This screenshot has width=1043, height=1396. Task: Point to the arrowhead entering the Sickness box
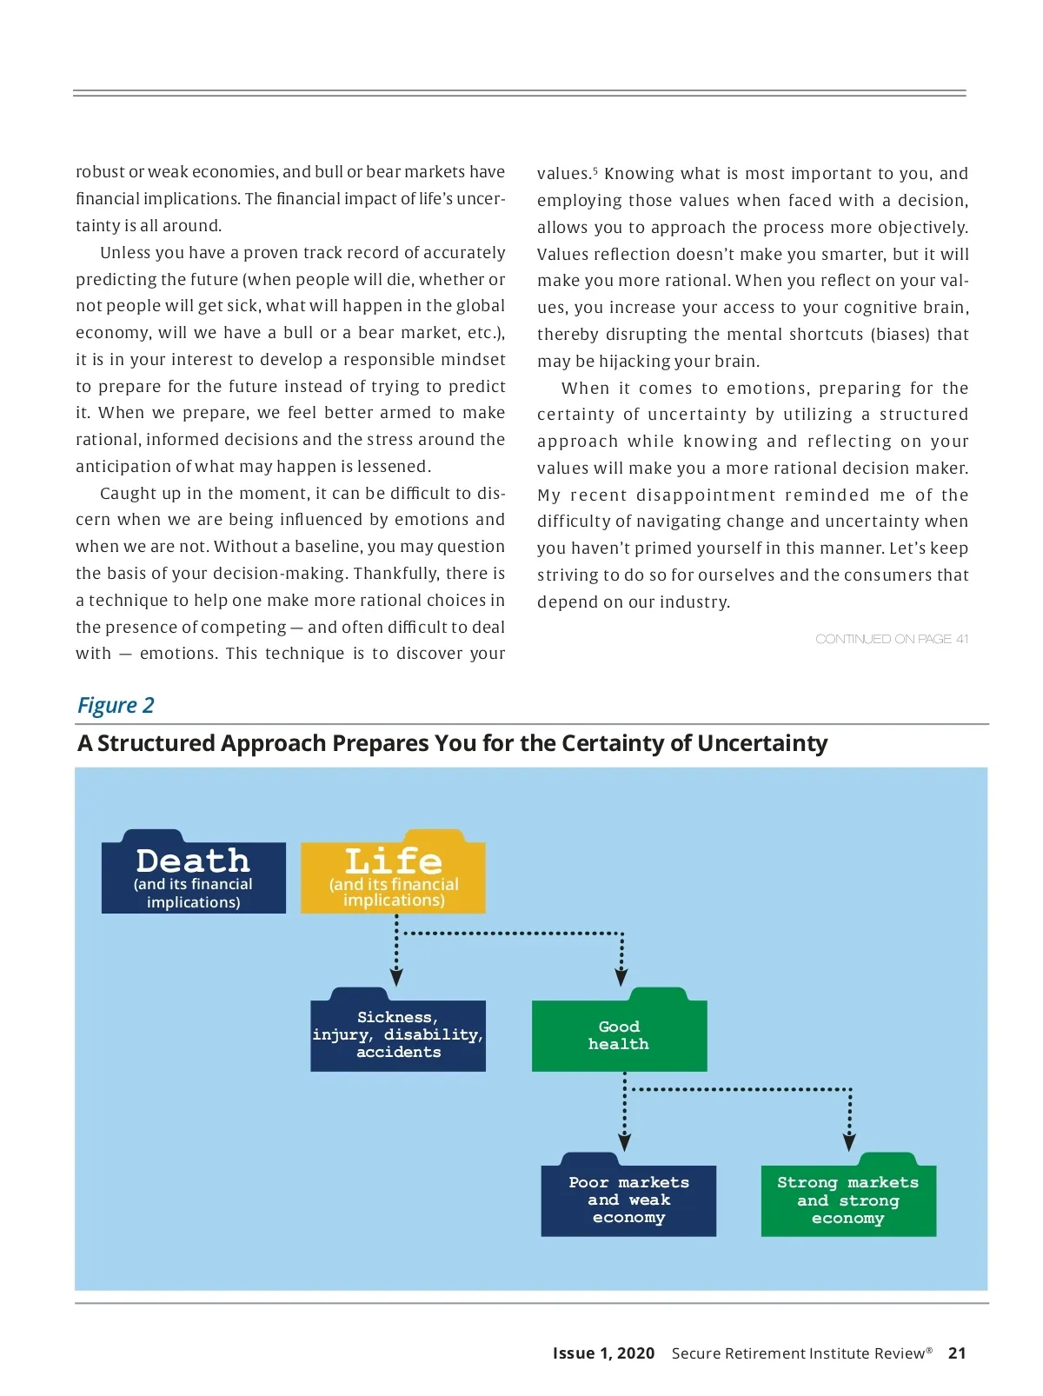pos(396,977)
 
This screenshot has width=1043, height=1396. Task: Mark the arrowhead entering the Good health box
pos(621,977)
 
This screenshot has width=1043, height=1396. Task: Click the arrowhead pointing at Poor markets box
pos(624,1142)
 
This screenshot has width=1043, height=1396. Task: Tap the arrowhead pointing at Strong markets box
pos(850,1142)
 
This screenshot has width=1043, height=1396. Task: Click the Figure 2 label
pos(116,705)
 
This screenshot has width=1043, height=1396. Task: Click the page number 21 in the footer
pos(957,1353)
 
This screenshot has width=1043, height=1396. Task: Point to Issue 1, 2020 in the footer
pos(603,1353)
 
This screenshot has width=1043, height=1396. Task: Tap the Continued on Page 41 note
pos(892,639)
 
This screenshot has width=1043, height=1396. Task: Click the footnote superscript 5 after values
pos(595,170)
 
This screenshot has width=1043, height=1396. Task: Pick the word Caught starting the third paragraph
pos(127,494)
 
